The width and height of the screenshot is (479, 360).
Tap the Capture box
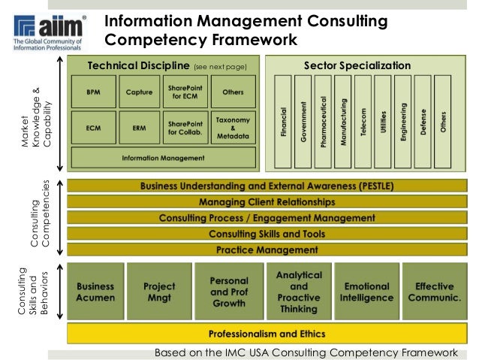point(140,93)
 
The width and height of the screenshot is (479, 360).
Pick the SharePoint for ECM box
point(185,93)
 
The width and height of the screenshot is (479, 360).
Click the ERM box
point(140,128)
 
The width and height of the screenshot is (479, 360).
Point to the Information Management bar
point(164,159)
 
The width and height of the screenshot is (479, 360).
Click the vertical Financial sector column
point(284,120)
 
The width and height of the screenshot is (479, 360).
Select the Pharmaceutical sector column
point(324,120)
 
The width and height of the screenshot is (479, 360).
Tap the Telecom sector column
point(363,120)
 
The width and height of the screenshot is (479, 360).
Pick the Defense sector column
point(423,120)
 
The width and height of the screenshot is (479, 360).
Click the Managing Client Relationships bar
point(267,202)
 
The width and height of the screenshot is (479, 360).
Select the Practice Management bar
point(267,250)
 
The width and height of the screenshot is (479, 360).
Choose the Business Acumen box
point(95,292)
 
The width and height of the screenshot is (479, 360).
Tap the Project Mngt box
point(158,292)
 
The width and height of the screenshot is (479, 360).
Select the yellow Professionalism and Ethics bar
point(267,332)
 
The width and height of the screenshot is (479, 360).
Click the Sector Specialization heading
point(357,65)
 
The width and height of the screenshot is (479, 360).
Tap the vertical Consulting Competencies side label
point(39,218)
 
